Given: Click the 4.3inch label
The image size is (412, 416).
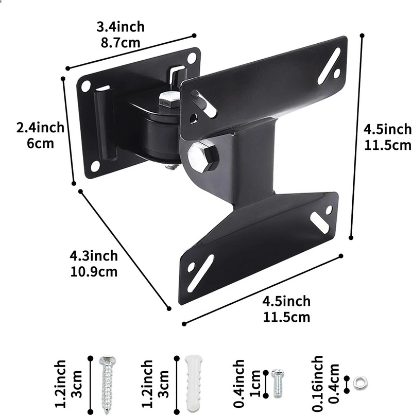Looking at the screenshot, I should (x=94, y=255).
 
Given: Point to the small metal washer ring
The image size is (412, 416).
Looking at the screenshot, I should (x=361, y=382).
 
